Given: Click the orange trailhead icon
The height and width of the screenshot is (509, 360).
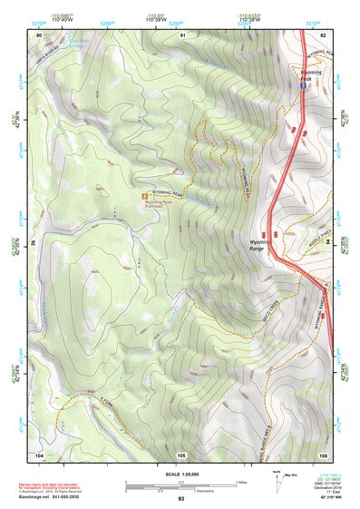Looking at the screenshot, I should [141, 194].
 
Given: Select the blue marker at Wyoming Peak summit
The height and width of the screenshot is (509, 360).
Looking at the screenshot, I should [303, 83].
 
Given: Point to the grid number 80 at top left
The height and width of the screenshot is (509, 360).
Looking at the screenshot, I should [39, 34].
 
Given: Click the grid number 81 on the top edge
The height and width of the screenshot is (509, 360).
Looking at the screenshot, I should [182, 34].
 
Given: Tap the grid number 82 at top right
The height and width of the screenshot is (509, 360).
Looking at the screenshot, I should [323, 34].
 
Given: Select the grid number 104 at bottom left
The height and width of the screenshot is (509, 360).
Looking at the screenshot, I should [39, 454].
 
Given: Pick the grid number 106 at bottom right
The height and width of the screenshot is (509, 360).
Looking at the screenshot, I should [322, 454].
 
